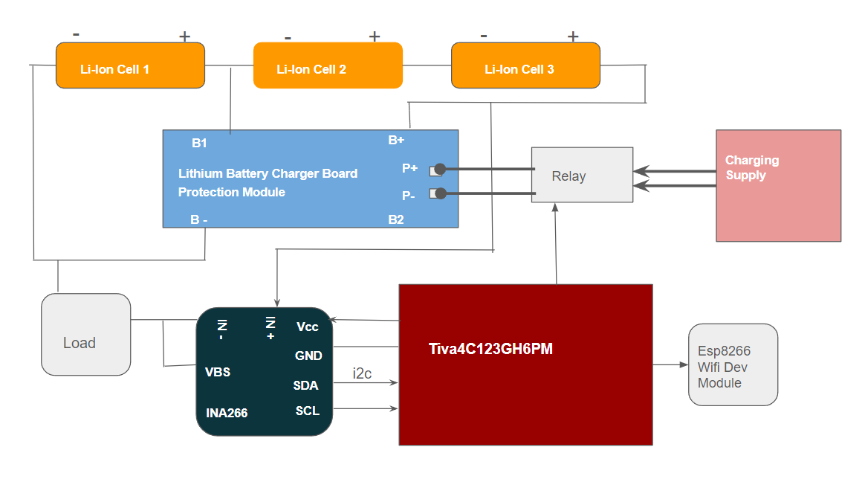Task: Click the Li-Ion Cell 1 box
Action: point(130,65)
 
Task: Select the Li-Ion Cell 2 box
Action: point(328,65)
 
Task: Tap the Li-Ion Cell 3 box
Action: point(525,65)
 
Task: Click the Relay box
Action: point(582,176)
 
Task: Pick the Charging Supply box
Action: point(778,186)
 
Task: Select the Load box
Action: point(85,335)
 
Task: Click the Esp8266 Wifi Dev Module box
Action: point(733,364)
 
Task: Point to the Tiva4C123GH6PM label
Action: point(490,349)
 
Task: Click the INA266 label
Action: point(227,413)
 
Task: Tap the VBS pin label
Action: point(218,372)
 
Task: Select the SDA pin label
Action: point(305,385)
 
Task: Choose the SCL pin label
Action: point(307,411)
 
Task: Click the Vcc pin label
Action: point(308,327)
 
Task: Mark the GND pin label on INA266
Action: point(308,356)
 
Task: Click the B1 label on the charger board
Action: point(199,143)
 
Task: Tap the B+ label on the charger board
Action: point(396,140)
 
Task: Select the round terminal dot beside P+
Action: point(440,169)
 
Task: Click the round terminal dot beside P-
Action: point(440,194)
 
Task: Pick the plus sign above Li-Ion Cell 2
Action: point(375,36)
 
